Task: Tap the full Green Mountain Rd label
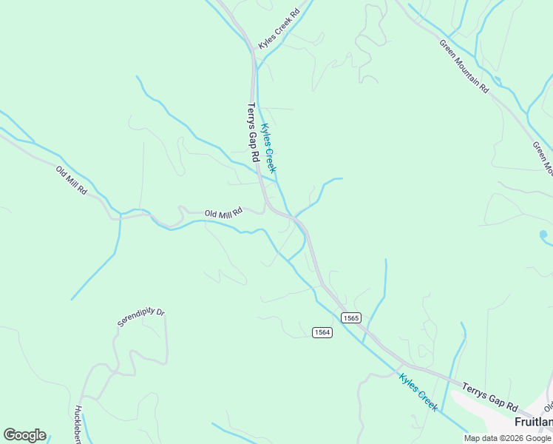pos(464,65)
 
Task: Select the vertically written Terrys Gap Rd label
pos(252,132)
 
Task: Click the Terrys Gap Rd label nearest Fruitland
pos(490,396)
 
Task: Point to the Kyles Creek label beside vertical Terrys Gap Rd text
pos(268,148)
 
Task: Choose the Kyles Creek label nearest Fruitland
pos(418,392)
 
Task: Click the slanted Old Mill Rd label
pos(72,181)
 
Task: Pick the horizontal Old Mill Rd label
pos(224,213)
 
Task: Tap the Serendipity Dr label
pos(140,317)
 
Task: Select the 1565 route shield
pos(351,317)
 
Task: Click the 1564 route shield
pos(322,332)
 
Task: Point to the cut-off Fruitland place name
pos(533,422)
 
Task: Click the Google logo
pos(24,435)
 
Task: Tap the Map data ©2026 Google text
pos(507,438)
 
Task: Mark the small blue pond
pos(543,235)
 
